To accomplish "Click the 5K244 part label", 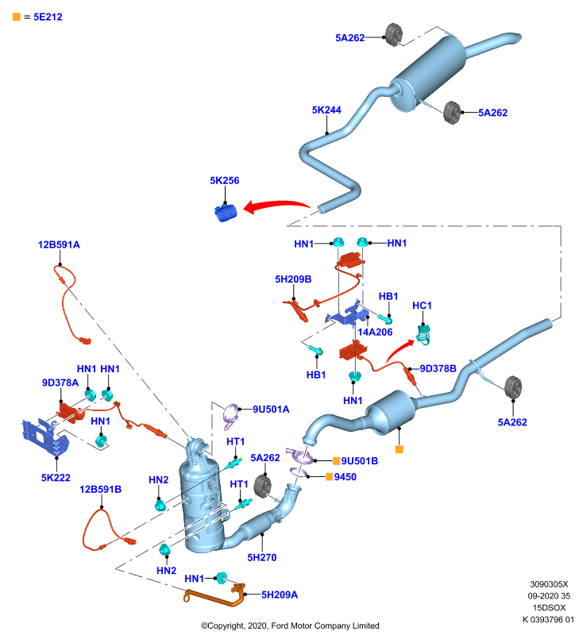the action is coord(326,110).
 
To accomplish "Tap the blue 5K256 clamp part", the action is coord(226,213).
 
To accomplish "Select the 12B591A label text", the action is coord(59,244).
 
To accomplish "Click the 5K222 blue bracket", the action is coord(45,437).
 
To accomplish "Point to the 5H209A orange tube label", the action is coord(279,595).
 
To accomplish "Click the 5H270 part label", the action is coord(262,557).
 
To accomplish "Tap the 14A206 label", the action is coord(375,332).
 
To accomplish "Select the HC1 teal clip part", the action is coord(424,335).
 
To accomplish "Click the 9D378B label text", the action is coord(438,368).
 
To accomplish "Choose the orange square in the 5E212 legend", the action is coord(17,17).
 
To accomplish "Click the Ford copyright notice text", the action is coord(290,625).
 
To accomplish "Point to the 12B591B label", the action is coord(100,489).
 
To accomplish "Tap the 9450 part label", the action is coord(346,477).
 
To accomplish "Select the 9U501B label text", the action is coord(359,461).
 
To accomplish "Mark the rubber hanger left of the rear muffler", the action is coord(393,35).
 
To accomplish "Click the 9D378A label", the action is coord(60,383).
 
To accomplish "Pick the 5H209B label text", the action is coord(293,279).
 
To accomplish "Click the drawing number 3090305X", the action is coord(549,584).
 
